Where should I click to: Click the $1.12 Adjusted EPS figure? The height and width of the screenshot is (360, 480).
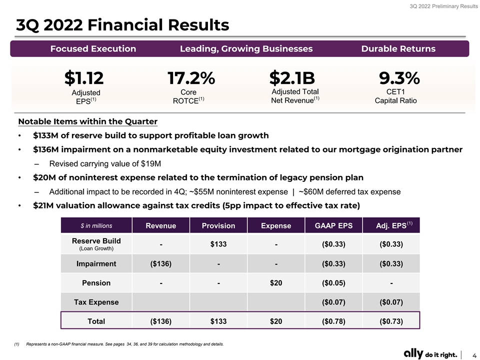tap(84, 78)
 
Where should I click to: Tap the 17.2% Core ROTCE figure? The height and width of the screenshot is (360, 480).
tap(191, 78)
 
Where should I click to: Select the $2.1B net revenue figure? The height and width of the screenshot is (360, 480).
tap(292, 78)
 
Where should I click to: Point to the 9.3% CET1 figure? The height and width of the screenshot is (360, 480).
tap(399, 78)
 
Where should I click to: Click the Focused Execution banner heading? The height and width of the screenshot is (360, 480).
tap(93, 48)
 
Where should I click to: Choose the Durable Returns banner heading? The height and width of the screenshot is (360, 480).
tap(398, 48)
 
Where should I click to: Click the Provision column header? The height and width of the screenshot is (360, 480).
tap(218, 225)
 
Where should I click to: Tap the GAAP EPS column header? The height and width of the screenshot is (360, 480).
tap(333, 225)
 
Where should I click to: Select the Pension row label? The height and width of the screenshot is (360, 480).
tap(96, 283)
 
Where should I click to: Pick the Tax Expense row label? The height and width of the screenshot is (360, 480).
tap(96, 302)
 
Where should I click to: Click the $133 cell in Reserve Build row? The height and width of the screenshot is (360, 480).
tap(218, 244)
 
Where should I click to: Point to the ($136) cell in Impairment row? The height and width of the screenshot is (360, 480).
tap(160, 264)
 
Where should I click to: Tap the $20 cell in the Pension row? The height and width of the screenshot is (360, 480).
tap(276, 283)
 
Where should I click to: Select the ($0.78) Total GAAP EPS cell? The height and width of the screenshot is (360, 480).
tap(333, 321)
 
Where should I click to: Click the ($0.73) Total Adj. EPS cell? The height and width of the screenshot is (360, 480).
tap(391, 321)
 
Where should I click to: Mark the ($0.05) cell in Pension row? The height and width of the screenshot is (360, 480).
tap(333, 283)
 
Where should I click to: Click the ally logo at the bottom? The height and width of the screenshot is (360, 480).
tap(413, 353)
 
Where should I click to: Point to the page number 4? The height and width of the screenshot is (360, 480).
tap(474, 355)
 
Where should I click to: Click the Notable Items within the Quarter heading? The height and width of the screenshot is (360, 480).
tap(88, 121)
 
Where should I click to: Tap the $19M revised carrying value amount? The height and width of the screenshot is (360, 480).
tap(151, 164)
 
